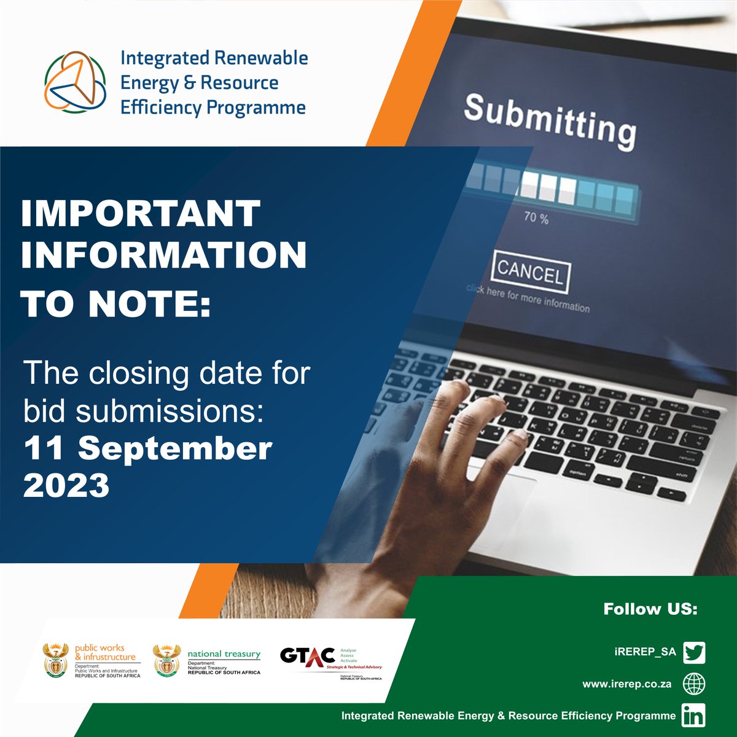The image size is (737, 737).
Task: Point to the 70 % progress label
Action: (536, 217)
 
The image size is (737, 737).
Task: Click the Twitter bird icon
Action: (694, 652)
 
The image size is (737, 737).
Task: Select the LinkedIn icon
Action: (694, 716)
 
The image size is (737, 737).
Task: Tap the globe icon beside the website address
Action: (694, 684)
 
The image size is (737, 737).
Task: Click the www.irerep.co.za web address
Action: (626, 684)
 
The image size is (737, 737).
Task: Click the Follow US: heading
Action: (650, 609)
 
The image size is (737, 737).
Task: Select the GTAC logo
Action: (307, 656)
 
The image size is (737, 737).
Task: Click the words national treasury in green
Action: (224, 654)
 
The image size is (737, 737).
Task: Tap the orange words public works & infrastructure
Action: (104, 652)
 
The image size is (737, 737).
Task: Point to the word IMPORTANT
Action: (141, 214)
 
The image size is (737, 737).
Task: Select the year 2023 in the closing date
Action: (66, 486)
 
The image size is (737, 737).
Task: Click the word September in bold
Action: (175, 448)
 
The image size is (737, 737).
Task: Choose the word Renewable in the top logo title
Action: (260, 58)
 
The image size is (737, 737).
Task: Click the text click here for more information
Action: (528, 298)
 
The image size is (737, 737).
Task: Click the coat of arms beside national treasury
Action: (166, 660)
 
